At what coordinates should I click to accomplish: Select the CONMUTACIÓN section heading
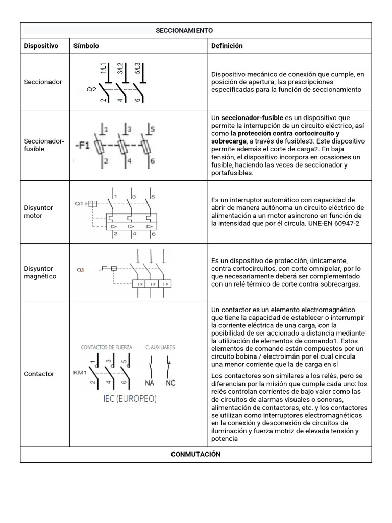click(x=196, y=454)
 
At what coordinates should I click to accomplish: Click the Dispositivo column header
click(x=41, y=46)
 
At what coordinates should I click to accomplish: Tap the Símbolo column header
click(x=86, y=46)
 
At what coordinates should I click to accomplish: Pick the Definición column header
click(x=227, y=46)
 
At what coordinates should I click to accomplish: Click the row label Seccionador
click(x=43, y=82)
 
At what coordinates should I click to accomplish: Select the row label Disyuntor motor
click(x=38, y=211)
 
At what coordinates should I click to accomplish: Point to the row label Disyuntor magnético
click(x=40, y=272)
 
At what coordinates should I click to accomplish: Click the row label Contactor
click(x=39, y=374)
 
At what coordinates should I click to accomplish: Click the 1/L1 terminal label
click(x=104, y=69)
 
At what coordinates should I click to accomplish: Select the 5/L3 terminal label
click(x=138, y=69)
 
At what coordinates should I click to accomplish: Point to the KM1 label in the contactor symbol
click(x=80, y=372)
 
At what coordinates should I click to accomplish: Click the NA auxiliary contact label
click(x=150, y=383)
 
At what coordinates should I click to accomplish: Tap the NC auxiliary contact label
click(x=170, y=383)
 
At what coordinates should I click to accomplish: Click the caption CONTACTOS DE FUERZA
click(x=107, y=347)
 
